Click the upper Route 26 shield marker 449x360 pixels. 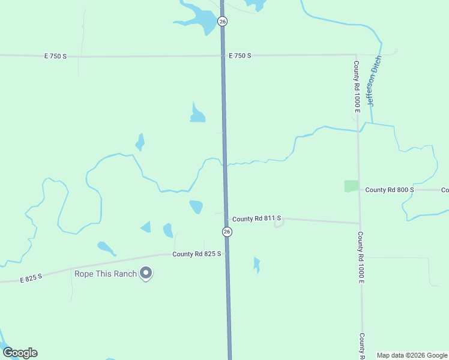click(x=223, y=21)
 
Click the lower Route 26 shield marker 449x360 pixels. click(x=227, y=232)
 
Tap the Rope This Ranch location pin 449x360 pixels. click(x=146, y=274)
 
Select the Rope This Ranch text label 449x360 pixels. click(x=105, y=274)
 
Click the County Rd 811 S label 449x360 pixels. click(x=256, y=219)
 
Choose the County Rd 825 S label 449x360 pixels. click(x=197, y=254)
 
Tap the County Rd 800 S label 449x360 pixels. click(x=390, y=190)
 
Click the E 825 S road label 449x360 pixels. click(x=31, y=278)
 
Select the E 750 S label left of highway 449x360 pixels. click(x=55, y=56)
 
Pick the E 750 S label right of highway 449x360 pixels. click(x=240, y=55)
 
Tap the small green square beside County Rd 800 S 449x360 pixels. click(x=351, y=186)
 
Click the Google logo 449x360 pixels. click(x=20, y=353)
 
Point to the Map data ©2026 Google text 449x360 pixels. click(x=412, y=355)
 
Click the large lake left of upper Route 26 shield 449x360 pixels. click(x=201, y=21)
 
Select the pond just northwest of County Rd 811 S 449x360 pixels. click(x=196, y=207)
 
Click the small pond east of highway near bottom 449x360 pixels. click(x=257, y=265)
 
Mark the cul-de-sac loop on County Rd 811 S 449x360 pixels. click(x=278, y=224)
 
